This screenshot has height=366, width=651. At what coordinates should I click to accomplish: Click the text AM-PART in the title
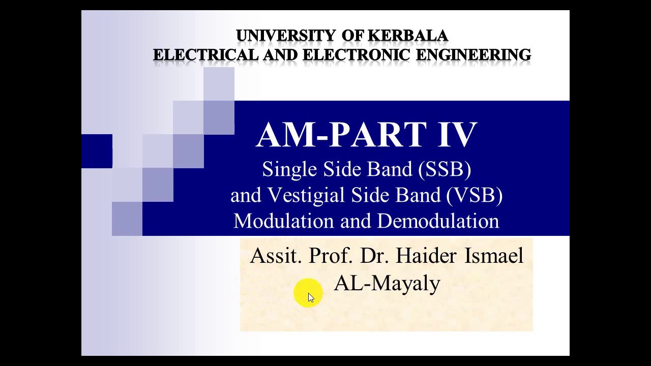pos(342,135)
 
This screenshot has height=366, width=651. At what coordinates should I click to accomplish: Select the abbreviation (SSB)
pos(445,169)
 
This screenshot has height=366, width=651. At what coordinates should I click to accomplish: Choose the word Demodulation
pos(438,221)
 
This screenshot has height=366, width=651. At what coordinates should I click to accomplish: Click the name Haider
pos(426,256)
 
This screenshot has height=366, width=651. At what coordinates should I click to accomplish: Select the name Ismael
pos(493,256)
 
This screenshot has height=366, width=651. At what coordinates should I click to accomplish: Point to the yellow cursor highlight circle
pos(308,293)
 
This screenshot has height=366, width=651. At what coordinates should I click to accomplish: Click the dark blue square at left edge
pos(97,151)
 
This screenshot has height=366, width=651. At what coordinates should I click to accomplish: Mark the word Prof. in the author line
pos(331,256)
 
